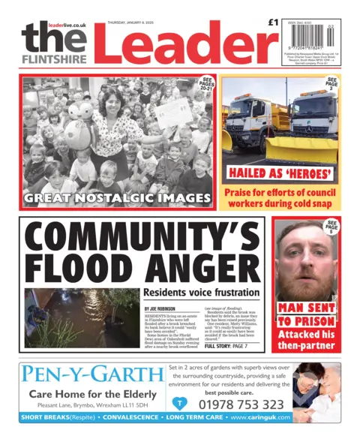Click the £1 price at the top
[272, 25]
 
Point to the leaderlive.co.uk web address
[67, 25]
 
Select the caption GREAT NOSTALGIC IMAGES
[117, 198]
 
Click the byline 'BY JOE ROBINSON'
[163, 308]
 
